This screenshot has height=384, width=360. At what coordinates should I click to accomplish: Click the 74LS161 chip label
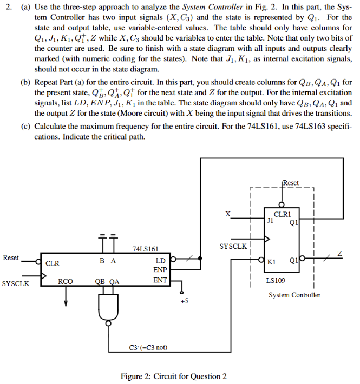pos(146,249)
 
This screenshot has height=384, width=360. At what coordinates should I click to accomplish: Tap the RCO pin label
pos(66,281)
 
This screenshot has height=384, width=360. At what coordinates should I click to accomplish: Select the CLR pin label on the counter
pos(53,263)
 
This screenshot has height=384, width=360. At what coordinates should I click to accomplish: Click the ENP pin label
pos(160,269)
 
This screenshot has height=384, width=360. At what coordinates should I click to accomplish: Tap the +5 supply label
pos(184,301)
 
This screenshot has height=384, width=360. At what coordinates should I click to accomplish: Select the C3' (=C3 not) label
pos(147,347)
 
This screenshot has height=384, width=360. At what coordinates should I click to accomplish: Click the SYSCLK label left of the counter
pos(16,283)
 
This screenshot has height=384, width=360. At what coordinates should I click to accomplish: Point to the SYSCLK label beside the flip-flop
pos(233,246)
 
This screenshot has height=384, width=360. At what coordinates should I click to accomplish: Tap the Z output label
pos(340,253)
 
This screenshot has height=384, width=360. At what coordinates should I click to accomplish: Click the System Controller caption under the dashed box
pos(294,295)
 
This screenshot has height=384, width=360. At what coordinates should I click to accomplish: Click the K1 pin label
pos(272,262)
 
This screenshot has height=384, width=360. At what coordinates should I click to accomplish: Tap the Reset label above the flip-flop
pos(290,183)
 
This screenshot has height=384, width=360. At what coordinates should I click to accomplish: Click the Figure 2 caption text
pos(174,376)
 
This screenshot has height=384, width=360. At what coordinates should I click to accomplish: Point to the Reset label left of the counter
pos(11,257)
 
